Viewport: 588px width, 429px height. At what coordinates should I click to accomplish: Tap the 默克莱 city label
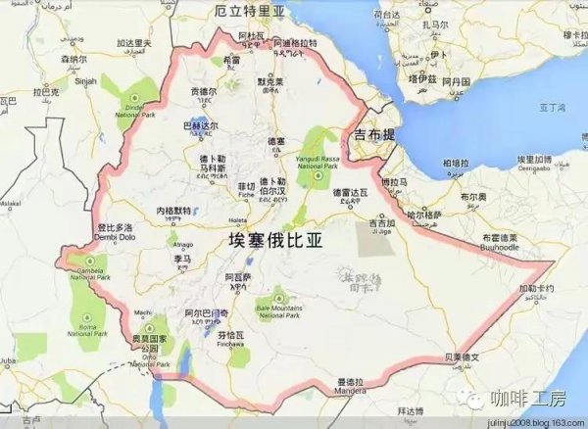click(x=269, y=83)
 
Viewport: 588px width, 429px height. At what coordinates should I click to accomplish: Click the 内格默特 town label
click(x=175, y=211)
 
